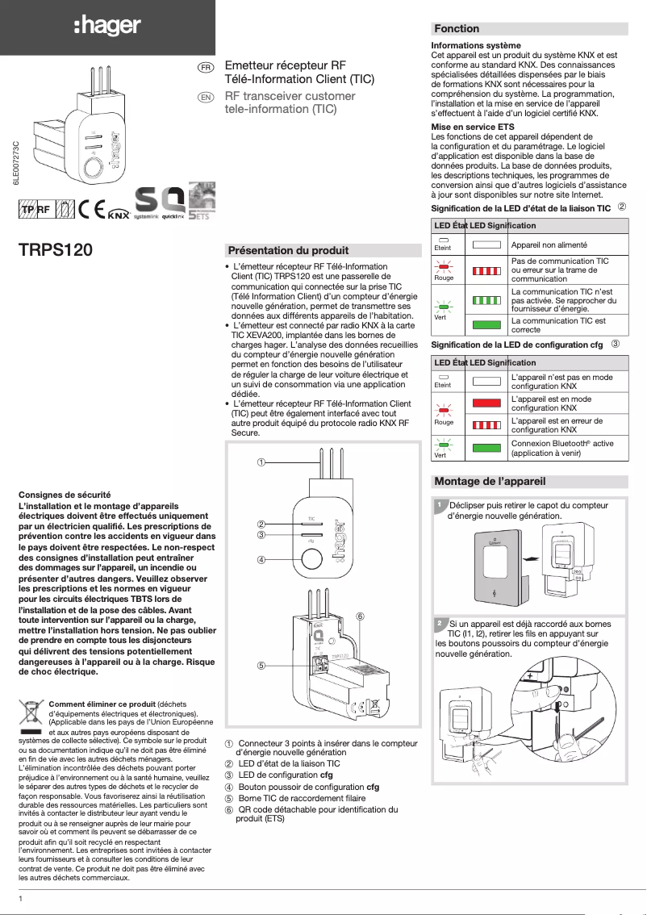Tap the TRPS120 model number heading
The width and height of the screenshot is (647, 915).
click(56, 249)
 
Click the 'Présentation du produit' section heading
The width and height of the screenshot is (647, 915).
click(289, 250)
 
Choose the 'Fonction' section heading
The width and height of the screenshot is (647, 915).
click(457, 28)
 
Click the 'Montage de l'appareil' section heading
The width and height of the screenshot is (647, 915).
click(490, 482)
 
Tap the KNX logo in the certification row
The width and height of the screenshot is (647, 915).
click(119, 213)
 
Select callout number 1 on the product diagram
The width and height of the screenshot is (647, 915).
click(261, 462)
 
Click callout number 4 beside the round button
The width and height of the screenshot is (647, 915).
click(261, 559)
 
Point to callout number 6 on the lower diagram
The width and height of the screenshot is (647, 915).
click(361, 616)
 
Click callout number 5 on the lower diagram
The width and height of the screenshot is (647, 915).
click(261, 666)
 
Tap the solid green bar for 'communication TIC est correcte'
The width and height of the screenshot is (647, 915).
click(487, 324)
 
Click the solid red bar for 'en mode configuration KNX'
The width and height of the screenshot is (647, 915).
click(487, 403)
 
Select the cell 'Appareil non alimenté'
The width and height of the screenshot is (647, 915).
click(549, 244)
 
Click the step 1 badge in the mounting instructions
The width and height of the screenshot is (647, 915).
click(439, 505)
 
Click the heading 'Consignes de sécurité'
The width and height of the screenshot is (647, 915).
click(65, 494)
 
